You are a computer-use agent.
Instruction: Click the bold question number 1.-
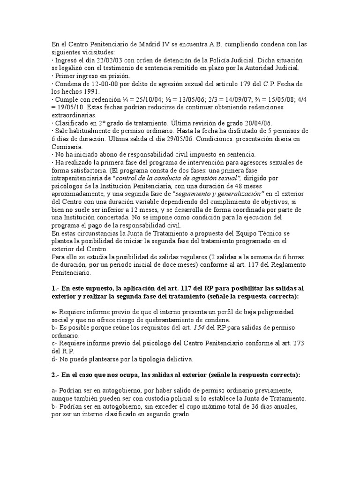click(x=57, y=288)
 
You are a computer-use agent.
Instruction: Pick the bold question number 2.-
click(x=57, y=375)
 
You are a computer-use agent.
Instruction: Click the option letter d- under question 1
click(x=54, y=360)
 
